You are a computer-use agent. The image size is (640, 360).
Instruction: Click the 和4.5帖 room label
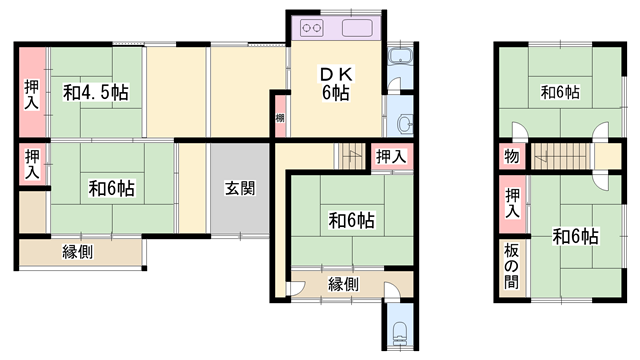[97, 92]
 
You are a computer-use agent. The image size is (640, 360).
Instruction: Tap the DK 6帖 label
[333, 83]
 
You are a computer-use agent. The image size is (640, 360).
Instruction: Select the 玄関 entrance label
[238, 188]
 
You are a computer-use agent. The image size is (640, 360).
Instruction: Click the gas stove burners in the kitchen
[311, 28]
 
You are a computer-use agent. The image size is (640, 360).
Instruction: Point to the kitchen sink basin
[357, 28]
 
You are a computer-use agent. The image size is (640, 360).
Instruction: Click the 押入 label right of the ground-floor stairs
[391, 156]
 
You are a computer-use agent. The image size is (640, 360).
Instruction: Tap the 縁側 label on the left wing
[78, 252]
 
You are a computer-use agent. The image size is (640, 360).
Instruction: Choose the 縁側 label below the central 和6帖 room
[343, 284]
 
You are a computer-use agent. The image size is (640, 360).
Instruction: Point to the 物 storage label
[511, 157]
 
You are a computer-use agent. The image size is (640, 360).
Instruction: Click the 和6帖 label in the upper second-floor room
[560, 93]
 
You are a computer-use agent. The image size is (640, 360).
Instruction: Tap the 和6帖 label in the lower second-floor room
[575, 237]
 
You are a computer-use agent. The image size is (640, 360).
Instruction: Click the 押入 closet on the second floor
[512, 204]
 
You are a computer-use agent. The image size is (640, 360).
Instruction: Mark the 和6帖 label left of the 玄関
[111, 188]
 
